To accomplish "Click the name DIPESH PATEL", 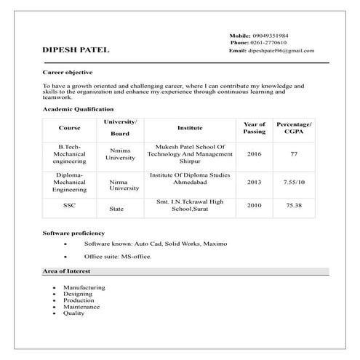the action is [76, 50].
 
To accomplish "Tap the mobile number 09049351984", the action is [269, 35].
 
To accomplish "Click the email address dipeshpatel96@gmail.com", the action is [281, 51].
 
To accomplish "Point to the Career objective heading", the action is [68, 73].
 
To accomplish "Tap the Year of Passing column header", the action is [254, 128].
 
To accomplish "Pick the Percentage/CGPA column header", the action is [294, 128].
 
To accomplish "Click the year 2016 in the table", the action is [254, 154].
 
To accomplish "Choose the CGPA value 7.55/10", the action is [294, 182].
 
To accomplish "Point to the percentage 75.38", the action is [294, 206].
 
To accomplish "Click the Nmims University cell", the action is [120, 154].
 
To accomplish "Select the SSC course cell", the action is [69, 205].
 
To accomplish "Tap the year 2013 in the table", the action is [254, 182].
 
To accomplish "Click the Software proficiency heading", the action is [74, 232].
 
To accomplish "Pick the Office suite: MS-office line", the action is [118, 257].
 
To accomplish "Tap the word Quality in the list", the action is [74, 313].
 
